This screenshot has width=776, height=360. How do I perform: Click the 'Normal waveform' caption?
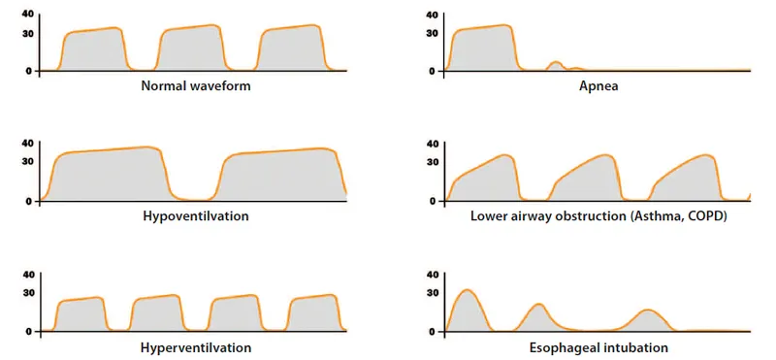tap(195, 85)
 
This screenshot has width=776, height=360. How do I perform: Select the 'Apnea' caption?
tap(598, 85)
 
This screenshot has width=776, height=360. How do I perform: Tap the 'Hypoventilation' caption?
tap(194, 215)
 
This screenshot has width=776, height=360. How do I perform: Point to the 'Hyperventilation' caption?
tap(194, 346)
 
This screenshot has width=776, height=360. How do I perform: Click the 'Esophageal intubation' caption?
tap(598, 346)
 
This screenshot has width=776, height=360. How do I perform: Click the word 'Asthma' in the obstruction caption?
tap(663, 215)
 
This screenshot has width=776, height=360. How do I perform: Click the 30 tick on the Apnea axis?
tap(432, 32)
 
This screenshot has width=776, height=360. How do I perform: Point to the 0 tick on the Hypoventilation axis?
tap(30, 201)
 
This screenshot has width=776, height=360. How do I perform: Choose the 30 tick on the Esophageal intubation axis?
tap(432, 292)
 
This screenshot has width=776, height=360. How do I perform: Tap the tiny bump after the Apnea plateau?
tap(555, 66)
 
